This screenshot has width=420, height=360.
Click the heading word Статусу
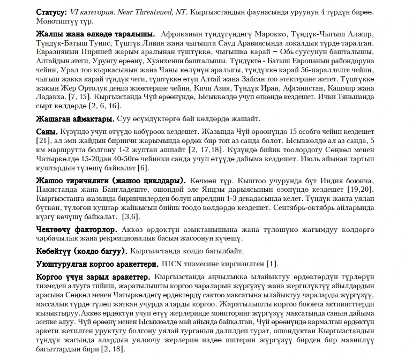[51, 12]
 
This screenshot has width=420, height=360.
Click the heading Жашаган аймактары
[75, 118]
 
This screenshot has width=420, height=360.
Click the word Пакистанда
[58, 189]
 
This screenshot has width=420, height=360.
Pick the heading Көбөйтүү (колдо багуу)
[81, 251]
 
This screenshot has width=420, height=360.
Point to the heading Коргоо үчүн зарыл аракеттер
[93, 278]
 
